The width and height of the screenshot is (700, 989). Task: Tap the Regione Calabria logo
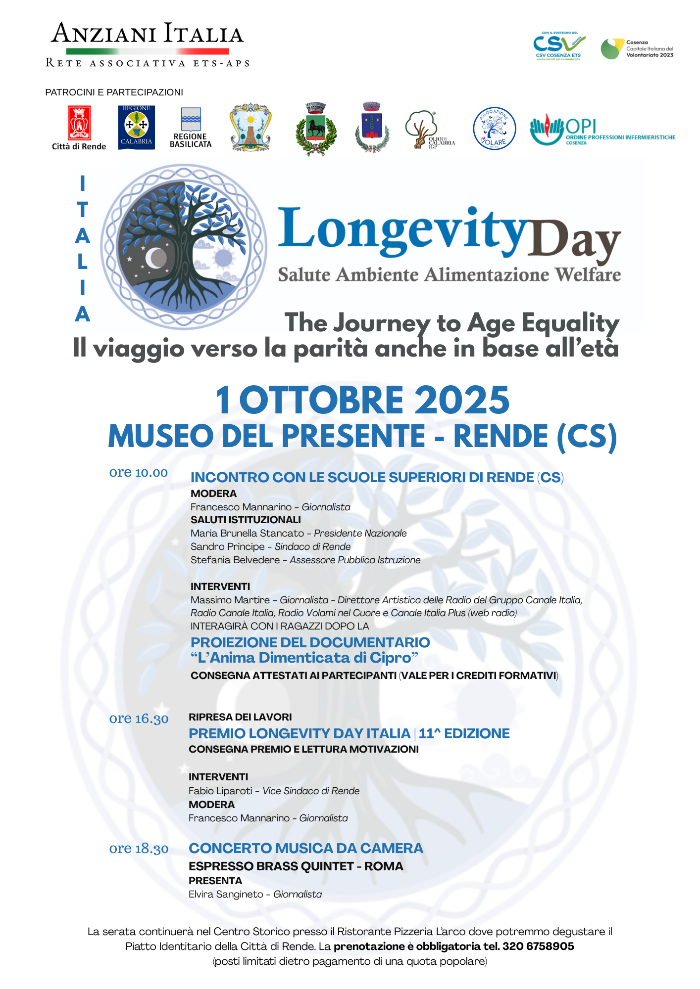pos(136,127)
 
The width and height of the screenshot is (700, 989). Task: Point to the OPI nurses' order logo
pos(601,131)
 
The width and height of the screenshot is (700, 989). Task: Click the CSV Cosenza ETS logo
pos(558,46)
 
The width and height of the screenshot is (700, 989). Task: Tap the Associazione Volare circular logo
pos(494,129)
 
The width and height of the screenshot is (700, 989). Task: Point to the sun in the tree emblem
pos(223,258)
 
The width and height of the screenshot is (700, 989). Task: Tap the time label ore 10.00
pos(139,473)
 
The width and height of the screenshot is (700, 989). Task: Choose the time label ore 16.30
pos(139,719)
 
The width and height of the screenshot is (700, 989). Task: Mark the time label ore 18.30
pos(139,849)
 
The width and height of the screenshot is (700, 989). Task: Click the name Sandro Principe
pos(228,546)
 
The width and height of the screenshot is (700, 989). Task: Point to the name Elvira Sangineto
pos(226,894)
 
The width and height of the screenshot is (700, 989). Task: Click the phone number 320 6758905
pos(538,946)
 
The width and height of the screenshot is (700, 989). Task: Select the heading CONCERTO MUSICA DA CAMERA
pos(306,849)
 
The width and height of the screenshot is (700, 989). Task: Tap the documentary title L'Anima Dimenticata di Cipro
pos(304,658)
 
